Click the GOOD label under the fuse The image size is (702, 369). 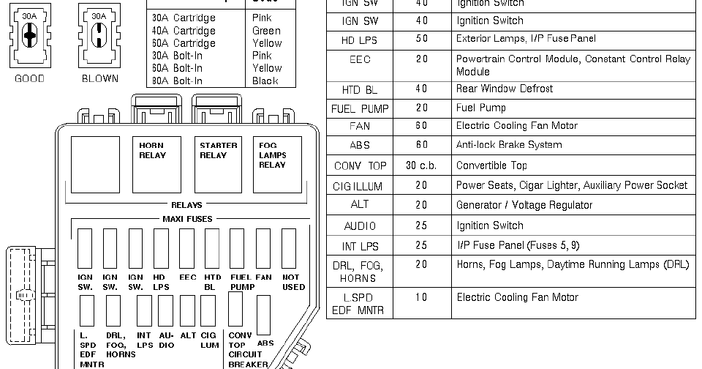click(x=29, y=78)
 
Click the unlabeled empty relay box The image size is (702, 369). click(x=94, y=164)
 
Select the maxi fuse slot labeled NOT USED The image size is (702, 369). click(x=290, y=248)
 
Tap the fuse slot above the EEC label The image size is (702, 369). click(x=187, y=248)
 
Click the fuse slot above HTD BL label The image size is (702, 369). click(x=212, y=248)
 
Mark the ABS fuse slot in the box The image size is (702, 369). click(x=265, y=315)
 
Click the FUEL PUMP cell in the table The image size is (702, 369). click(x=360, y=108)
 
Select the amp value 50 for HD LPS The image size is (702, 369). click(x=422, y=39)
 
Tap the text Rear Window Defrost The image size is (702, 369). click(x=504, y=89)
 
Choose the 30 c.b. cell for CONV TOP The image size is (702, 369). click(x=422, y=165)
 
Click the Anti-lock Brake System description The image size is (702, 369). click(x=509, y=145)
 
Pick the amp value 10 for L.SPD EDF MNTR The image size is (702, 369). click(x=422, y=297)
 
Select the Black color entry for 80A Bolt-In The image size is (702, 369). click(x=265, y=81)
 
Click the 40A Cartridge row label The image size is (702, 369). click(x=184, y=31)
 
